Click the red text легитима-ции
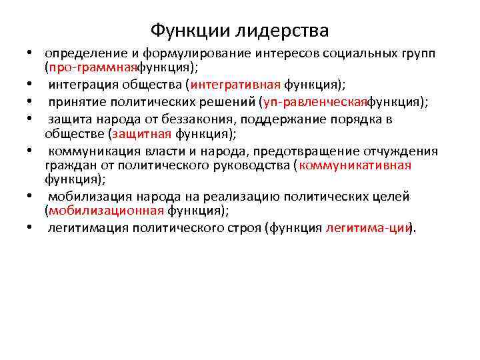tap(367, 228)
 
